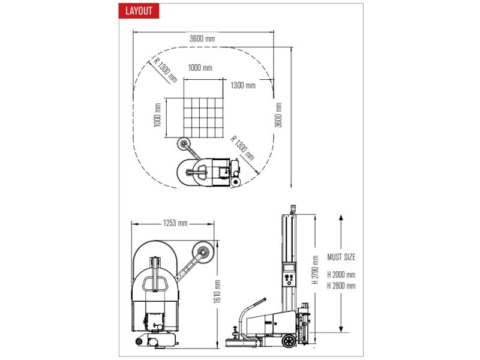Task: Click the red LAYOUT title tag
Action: click(x=139, y=11)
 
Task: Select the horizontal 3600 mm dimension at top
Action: click(x=202, y=38)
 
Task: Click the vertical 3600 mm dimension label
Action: click(x=278, y=115)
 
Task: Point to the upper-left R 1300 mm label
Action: click(x=166, y=70)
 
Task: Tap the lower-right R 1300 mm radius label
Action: click(x=242, y=148)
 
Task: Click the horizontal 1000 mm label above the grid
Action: click(x=200, y=68)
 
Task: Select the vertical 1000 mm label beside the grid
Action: click(x=157, y=115)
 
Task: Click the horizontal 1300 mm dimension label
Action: click(x=243, y=85)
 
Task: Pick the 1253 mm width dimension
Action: click(x=175, y=223)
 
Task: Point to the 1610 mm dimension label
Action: click(x=217, y=292)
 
